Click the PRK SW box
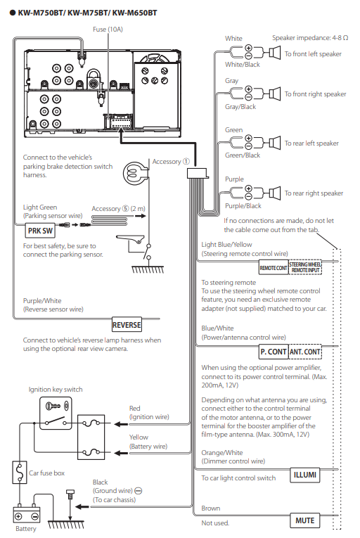click(40, 231)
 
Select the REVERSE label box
click(127, 325)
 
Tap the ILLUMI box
click(304, 475)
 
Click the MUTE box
click(304, 520)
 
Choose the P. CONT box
click(274, 352)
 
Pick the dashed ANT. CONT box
click(305, 352)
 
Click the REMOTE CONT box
click(274, 268)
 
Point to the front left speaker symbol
click(274, 53)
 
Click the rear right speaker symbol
click(274, 193)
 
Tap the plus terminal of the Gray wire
click(248, 89)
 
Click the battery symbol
click(27, 513)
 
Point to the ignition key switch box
click(56, 413)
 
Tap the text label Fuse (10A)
click(108, 30)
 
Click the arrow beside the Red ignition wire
click(121, 424)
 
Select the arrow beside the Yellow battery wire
click(121, 453)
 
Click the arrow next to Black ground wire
click(82, 507)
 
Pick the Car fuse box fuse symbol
click(20, 473)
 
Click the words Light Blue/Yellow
click(226, 245)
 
